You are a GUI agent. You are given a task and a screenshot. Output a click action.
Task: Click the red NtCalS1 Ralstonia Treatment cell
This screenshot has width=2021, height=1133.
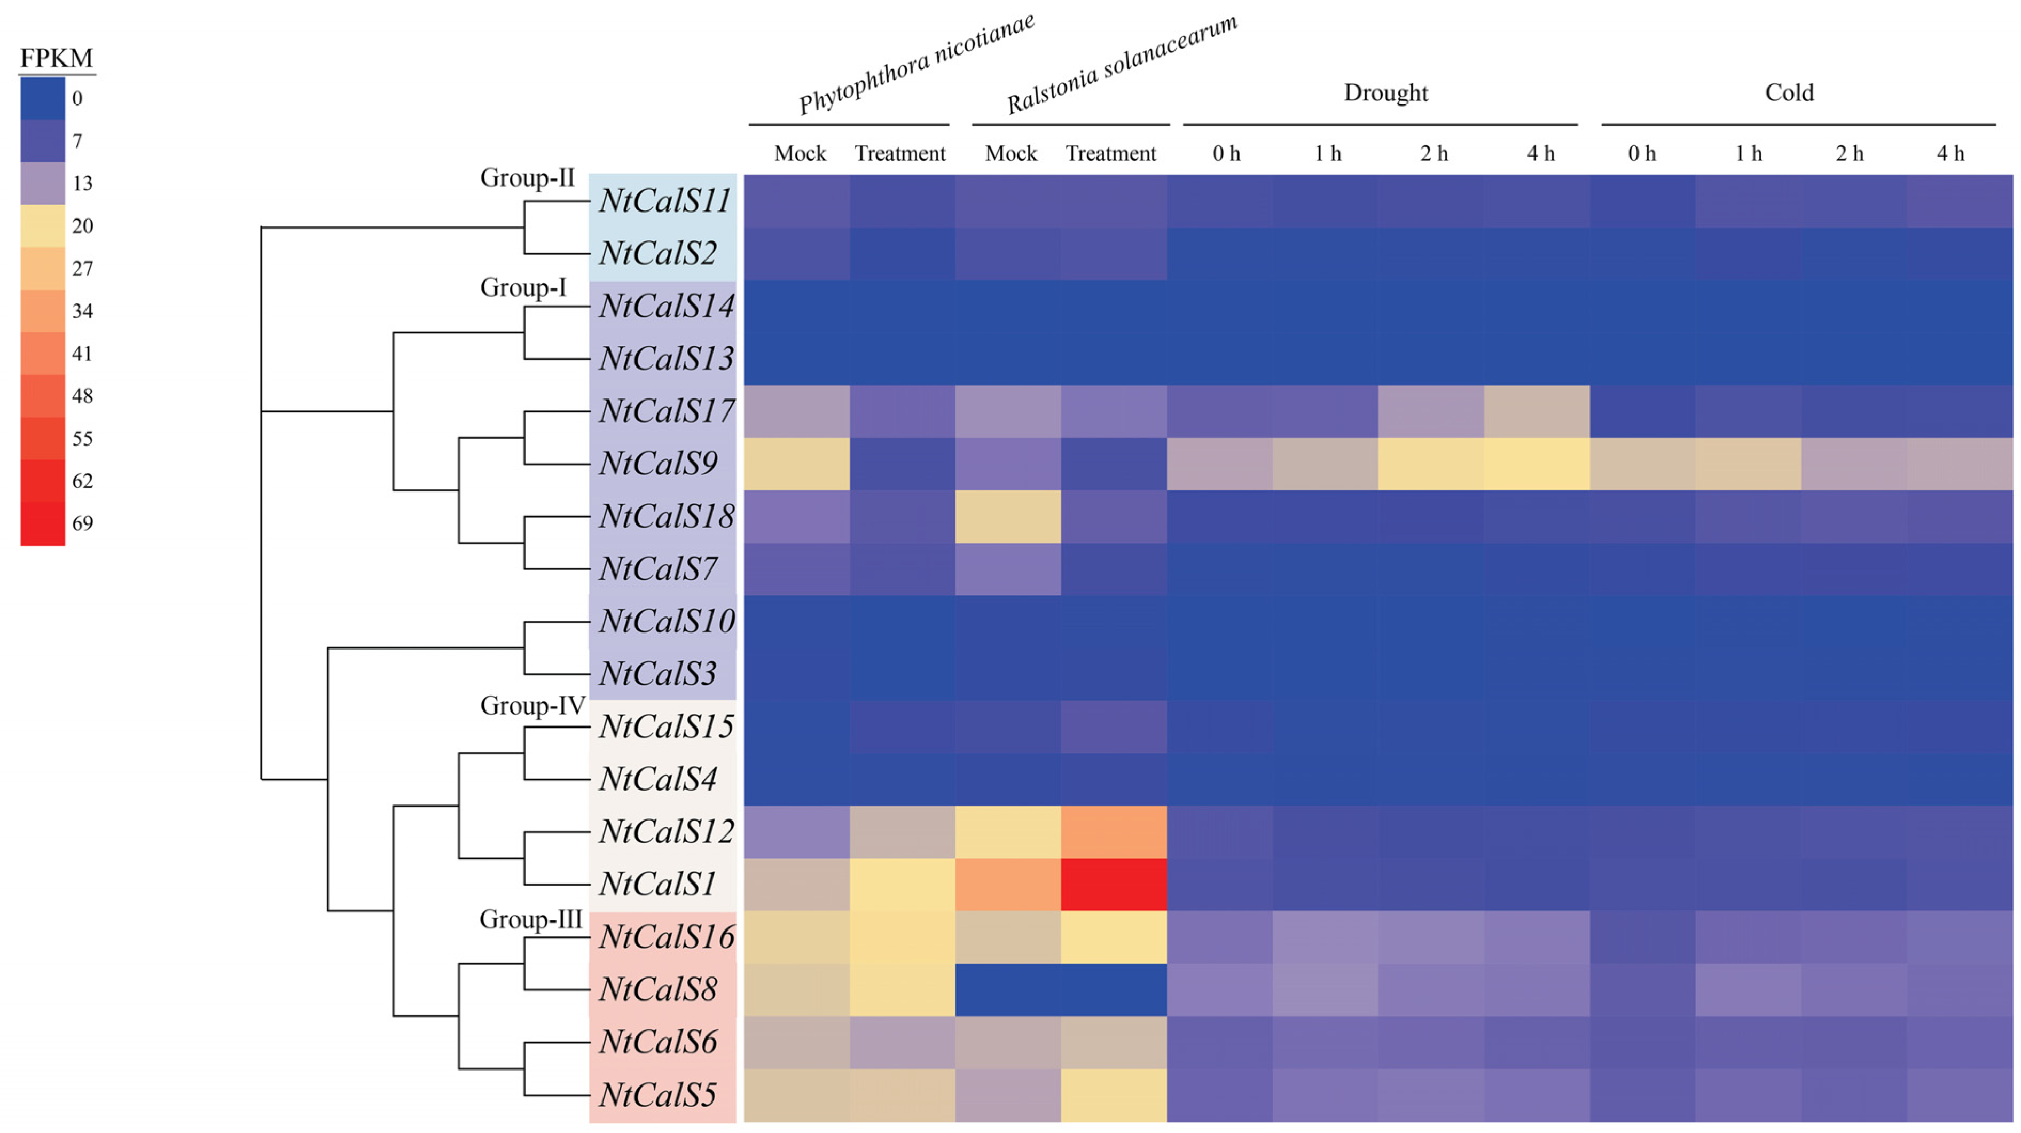1113,884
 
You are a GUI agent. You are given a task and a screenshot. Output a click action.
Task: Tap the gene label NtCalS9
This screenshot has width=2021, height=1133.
658,463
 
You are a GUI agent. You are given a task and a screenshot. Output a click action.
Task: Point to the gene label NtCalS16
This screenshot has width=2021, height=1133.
666,937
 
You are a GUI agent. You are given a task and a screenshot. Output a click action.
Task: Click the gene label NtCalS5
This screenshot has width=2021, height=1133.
657,1095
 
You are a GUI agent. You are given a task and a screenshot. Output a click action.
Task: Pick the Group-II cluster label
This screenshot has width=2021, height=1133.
527,178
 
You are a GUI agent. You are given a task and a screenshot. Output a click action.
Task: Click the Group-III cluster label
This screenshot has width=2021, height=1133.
530,919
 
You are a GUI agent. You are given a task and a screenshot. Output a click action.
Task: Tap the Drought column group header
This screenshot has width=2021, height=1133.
1385,92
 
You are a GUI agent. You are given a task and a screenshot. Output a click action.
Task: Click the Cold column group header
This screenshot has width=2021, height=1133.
1789,92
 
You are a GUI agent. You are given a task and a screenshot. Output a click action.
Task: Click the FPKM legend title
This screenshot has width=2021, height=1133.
57,58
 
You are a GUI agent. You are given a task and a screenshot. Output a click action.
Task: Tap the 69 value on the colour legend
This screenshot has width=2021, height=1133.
82,523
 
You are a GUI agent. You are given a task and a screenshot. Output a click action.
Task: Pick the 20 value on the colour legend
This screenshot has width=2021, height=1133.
82,226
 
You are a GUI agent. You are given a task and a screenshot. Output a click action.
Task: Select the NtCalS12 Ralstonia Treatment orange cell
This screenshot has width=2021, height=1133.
1113,832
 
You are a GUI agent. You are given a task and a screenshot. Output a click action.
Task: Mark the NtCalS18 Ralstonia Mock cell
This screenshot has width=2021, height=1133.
1008,516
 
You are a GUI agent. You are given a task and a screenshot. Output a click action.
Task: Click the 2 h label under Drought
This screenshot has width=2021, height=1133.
1433,154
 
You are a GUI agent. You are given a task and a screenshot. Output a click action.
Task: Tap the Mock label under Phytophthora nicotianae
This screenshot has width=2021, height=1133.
800,154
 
